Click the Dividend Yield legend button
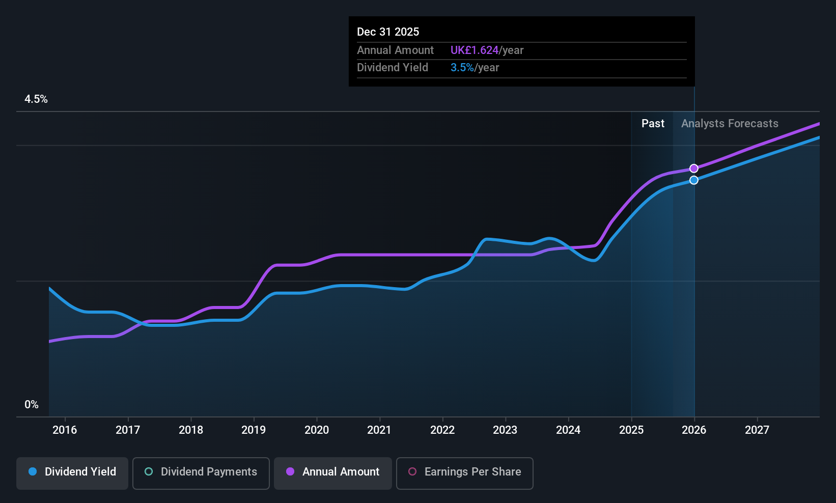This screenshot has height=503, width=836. (72, 472)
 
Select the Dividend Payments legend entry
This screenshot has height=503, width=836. (201, 472)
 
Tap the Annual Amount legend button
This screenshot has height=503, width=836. (333, 472)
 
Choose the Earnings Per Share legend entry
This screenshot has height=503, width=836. (464, 472)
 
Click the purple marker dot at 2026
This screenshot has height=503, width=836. (694, 169)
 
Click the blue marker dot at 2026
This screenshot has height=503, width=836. (694, 180)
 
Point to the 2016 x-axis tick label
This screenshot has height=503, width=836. (65, 430)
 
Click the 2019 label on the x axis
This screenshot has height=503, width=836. (254, 430)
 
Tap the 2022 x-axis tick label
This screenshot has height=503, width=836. (442, 430)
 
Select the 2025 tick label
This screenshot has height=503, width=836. (631, 430)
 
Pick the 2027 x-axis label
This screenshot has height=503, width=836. (757, 430)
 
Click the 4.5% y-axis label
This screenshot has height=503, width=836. (36, 99)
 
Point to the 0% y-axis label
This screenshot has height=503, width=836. (32, 405)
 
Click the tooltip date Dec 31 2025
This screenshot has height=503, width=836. (388, 32)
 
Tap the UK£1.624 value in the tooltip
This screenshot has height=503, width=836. (475, 50)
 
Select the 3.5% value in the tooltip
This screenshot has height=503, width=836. (462, 68)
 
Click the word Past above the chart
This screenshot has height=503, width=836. (653, 124)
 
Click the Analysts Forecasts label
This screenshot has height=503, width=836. (730, 124)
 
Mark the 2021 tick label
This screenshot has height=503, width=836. (379, 430)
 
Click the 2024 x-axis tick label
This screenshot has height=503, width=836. (568, 430)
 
